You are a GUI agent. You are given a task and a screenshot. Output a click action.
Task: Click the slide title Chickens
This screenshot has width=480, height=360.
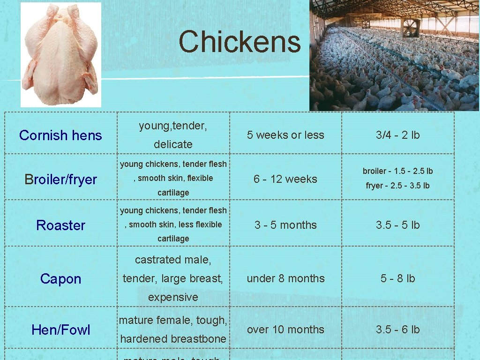pyautogui.click(x=239, y=42)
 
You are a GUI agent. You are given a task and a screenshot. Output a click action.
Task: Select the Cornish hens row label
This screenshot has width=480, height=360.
pyautogui.click(x=60, y=135)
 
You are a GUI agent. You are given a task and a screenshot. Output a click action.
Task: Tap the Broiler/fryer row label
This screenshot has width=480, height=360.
pyautogui.click(x=60, y=180)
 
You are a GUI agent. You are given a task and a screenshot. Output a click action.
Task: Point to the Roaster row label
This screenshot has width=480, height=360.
pyautogui.click(x=60, y=225)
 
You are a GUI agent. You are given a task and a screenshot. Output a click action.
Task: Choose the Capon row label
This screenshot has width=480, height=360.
pyautogui.click(x=60, y=279)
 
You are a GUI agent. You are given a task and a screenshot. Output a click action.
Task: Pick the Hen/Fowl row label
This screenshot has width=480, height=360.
pyautogui.click(x=60, y=330)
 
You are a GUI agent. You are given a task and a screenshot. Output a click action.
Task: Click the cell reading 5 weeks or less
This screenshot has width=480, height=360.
pyautogui.click(x=285, y=135)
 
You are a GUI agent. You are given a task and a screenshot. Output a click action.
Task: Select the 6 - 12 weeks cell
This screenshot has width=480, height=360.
pyautogui.click(x=285, y=179)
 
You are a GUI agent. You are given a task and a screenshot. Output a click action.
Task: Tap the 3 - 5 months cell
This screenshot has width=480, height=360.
pyautogui.click(x=285, y=225)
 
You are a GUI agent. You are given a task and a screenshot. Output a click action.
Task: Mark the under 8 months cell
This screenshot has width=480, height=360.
pyautogui.click(x=285, y=278)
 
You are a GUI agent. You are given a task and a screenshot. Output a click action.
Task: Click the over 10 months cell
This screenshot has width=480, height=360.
pyautogui.click(x=285, y=330)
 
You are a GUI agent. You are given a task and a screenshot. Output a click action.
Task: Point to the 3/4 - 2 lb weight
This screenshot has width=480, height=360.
pyautogui.click(x=397, y=135)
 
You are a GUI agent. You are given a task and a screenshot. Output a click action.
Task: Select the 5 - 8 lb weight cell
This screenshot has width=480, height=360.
pyautogui.click(x=397, y=278)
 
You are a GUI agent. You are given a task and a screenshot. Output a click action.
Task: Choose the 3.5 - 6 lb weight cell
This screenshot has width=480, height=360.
pyautogui.click(x=397, y=330)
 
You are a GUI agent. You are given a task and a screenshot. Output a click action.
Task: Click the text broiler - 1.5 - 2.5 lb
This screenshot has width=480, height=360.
pyautogui.click(x=397, y=171)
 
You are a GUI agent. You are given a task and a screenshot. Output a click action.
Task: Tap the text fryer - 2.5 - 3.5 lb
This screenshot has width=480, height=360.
pyautogui.click(x=397, y=186)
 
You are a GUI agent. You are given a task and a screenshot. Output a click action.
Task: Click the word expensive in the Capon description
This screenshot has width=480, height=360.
pyautogui.click(x=173, y=297)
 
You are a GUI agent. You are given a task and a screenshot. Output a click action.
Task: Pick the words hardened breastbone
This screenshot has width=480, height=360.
pyautogui.click(x=173, y=339)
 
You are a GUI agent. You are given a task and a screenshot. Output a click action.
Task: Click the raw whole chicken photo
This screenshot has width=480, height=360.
pyautogui.click(x=60, y=54)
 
